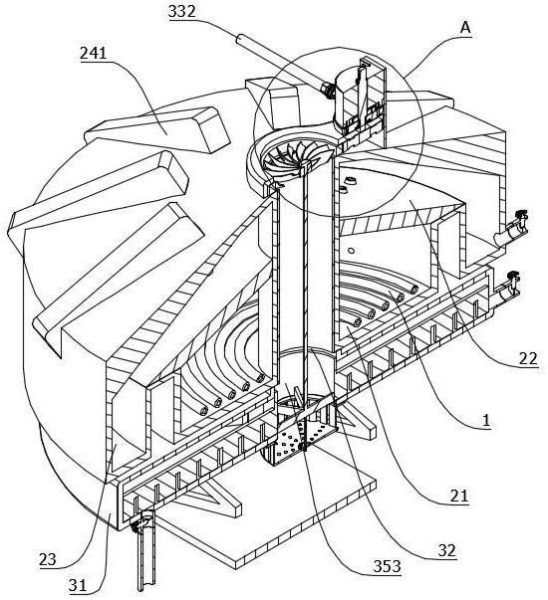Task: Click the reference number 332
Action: [182, 12]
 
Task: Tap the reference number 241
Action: [93, 53]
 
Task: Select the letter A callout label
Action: [465, 28]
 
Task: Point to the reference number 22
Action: [528, 358]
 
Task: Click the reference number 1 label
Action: [486, 421]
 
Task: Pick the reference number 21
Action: [459, 496]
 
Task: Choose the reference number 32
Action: [446, 550]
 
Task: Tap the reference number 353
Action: [388, 566]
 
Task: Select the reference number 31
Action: [78, 585]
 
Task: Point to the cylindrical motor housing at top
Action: [347, 99]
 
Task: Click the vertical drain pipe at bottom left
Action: [147, 554]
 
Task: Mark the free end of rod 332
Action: [240, 39]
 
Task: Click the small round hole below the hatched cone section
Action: [351, 251]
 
